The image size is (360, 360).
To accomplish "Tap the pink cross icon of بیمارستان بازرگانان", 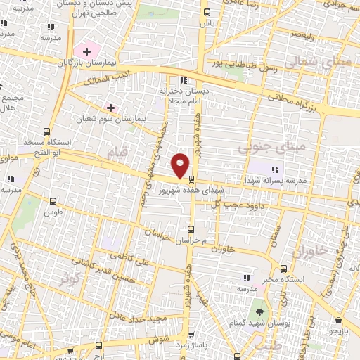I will click(86, 51).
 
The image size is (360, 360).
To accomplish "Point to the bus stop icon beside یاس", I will click(206, 13).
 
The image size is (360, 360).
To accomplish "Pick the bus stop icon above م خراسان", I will click(191, 229).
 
